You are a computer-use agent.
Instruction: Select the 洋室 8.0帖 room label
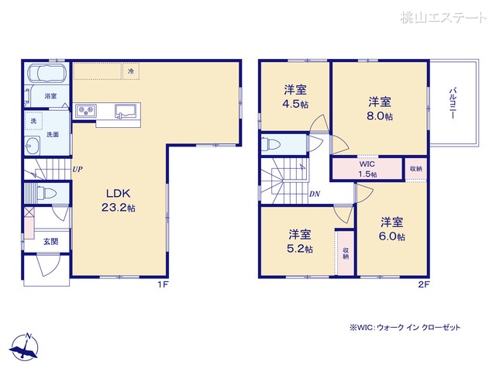click(x=379, y=109)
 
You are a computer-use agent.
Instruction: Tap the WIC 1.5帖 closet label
click(x=367, y=169)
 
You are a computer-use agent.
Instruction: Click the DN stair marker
click(x=315, y=194)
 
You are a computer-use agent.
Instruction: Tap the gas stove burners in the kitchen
click(x=85, y=109)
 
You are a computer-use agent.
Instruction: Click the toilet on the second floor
click(x=268, y=143)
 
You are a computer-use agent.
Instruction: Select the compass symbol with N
click(x=26, y=346)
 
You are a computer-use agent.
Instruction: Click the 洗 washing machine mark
click(x=33, y=122)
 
